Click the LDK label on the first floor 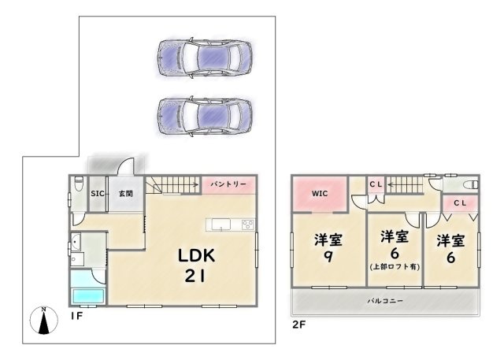(196, 255)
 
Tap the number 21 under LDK (195, 276)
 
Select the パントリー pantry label (228, 184)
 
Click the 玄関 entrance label (126, 194)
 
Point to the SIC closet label (98, 194)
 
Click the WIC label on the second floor (320, 194)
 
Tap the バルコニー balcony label (385, 301)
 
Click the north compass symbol (44, 320)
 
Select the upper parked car (205, 58)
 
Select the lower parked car (205, 116)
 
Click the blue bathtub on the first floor (89, 296)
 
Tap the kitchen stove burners (248, 224)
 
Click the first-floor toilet (79, 184)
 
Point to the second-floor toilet (471, 185)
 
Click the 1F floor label (77, 317)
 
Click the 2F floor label (298, 325)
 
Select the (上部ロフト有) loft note (395, 267)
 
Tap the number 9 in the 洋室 (328, 256)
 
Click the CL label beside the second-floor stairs (376, 184)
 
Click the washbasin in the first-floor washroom (76, 240)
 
